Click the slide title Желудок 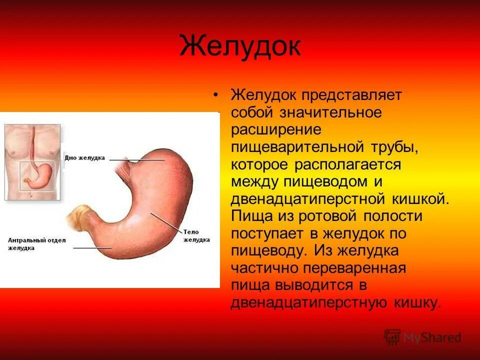240,46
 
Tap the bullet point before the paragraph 216,95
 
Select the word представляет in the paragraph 352,95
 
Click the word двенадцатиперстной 306,199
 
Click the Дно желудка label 84,157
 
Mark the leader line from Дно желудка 137,159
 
